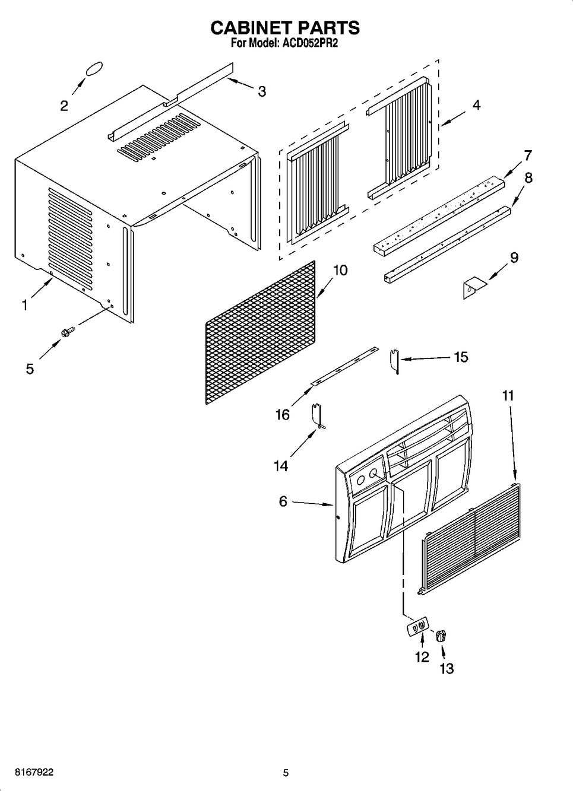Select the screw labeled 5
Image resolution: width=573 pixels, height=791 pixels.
(67, 329)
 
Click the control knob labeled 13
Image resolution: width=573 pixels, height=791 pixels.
(440, 636)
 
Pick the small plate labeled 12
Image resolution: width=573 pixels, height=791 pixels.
(418, 626)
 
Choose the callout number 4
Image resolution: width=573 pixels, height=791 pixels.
(476, 105)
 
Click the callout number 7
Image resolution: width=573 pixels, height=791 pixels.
(527, 155)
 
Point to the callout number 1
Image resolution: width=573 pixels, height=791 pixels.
(24, 305)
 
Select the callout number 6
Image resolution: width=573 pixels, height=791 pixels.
(283, 501)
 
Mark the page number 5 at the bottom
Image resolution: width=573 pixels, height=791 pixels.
(286, 773)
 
